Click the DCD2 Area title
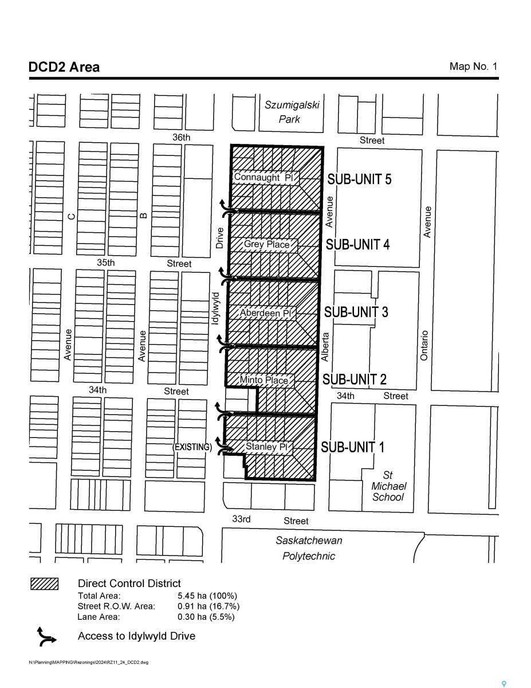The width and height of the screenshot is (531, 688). point(64,67)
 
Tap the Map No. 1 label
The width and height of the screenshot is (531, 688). point(473,67)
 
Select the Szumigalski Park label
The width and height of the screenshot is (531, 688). point(291,112)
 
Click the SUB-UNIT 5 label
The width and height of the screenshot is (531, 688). point(359,179)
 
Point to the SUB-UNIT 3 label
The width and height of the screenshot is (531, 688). point(356,312)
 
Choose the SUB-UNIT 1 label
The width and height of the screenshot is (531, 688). point(352,447)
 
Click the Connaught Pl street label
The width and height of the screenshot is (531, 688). point(264,178)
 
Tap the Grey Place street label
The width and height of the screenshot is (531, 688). point(266,244)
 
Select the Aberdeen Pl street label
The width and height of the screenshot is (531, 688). point(265,313)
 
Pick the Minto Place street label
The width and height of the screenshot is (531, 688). point(263,380)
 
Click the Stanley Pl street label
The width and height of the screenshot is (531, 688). point(266,447)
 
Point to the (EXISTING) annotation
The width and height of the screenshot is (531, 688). point(192,447)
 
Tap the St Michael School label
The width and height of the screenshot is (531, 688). point(388,486)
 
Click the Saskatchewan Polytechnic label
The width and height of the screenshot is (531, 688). point(309,548)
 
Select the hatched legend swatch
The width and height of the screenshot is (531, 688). point(44,584)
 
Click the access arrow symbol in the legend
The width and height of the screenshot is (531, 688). point(46,636)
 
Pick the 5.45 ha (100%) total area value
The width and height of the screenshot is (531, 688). point(207,596)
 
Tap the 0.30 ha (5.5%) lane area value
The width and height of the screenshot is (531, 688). point(206,617)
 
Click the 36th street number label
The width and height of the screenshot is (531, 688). point(181,138)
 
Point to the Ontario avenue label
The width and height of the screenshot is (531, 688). point(424,345)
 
